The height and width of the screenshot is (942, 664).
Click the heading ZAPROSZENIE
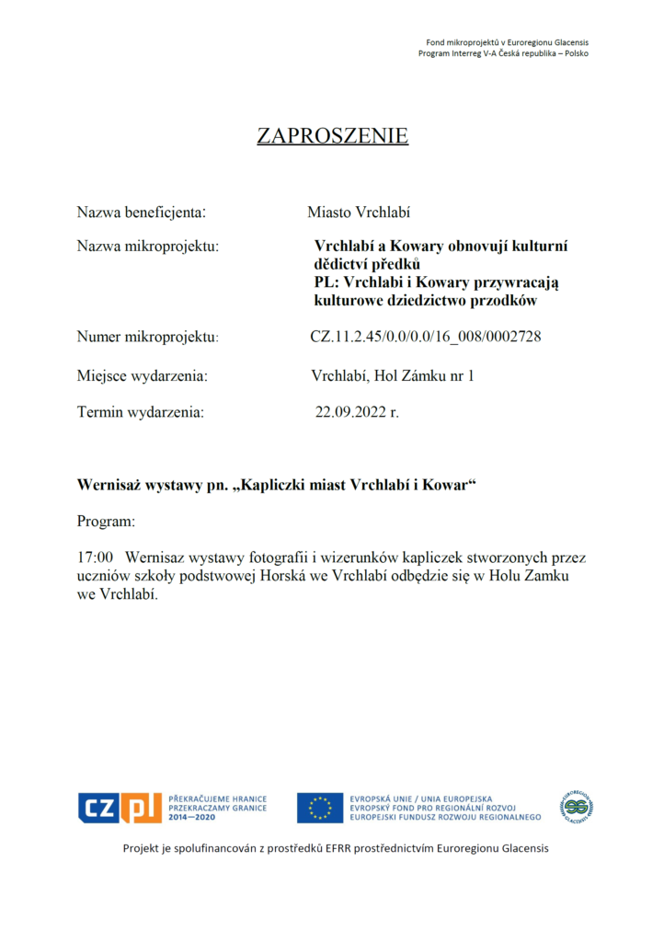point(332,136)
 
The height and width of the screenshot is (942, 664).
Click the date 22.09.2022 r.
point(357,412)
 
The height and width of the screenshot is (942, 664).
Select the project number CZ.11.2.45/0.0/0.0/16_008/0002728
point(426,337)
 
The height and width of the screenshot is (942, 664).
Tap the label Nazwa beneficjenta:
point(141,213)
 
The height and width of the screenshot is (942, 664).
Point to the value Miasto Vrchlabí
point(359,213)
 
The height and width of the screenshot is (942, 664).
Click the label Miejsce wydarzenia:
point(142,375)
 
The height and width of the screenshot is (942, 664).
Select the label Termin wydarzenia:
point(141,412)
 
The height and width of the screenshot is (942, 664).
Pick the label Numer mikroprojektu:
point(147,337)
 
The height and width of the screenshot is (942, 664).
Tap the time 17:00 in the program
point(96,557)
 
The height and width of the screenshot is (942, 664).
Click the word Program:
point(106,521)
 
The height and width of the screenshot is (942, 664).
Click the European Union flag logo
point(319,808)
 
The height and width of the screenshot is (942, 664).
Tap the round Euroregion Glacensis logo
point(578,807)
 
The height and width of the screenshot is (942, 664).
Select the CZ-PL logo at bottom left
point(120,808)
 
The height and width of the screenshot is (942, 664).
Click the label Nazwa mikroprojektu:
point(147,247)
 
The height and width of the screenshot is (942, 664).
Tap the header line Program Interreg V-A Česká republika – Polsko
point(503,53)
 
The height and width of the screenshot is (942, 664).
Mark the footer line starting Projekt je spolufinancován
point(336,848)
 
